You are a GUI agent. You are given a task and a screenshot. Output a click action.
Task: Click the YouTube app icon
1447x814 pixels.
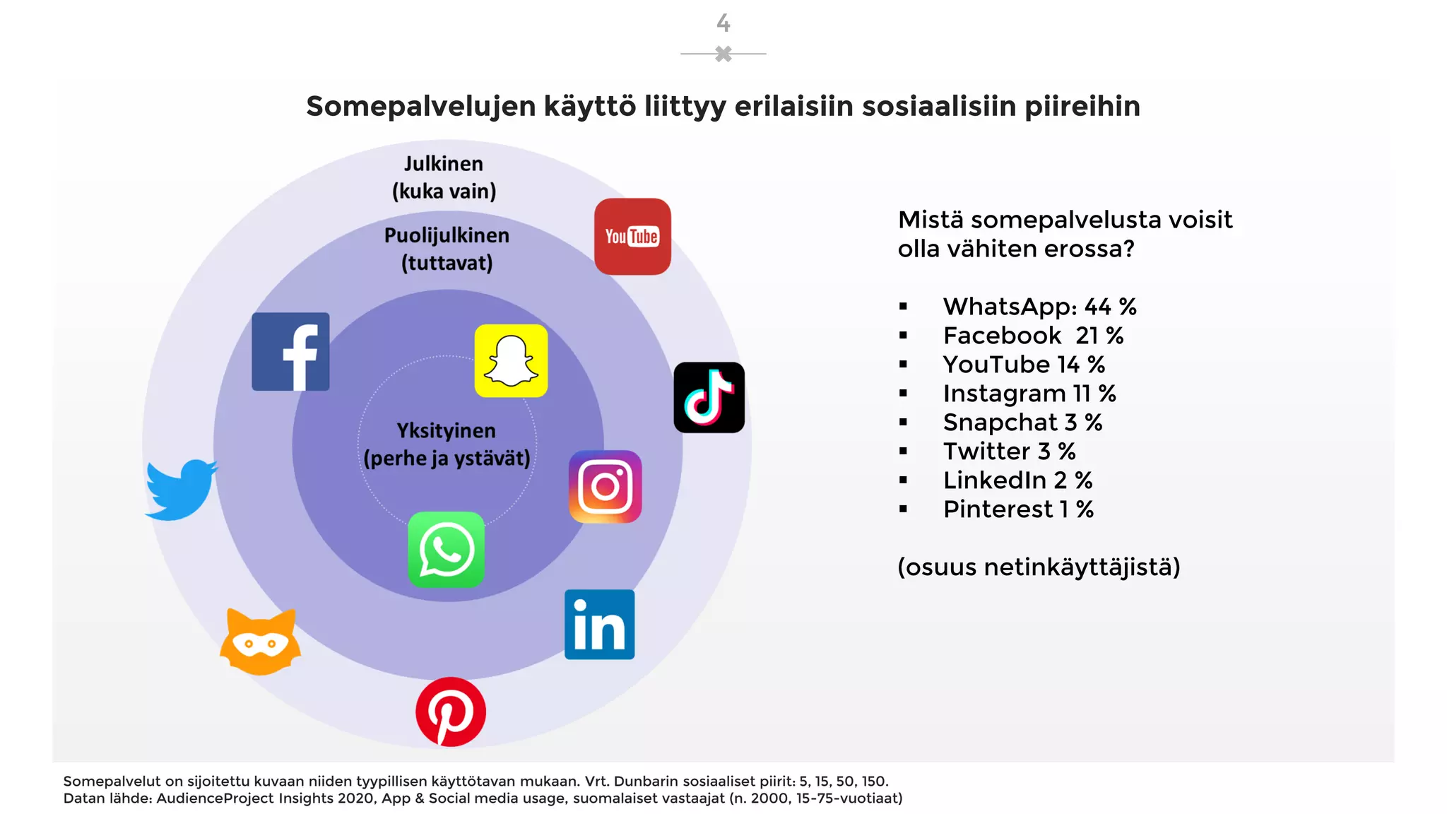coord(632,237)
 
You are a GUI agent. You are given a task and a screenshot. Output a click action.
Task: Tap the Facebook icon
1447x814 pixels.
coord(290,351)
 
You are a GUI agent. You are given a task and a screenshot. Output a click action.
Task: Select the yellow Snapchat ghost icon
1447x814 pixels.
coord(511,361)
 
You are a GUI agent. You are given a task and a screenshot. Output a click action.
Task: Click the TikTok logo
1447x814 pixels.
coord(709,398)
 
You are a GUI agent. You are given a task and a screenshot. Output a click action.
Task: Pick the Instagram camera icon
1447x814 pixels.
coord(606,487)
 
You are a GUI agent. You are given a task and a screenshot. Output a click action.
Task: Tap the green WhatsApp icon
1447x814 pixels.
coord(447,550)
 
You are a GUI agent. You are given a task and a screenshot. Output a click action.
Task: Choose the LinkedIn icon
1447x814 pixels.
coord(599,625)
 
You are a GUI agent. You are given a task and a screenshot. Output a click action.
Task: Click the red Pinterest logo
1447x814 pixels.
coord(451,712)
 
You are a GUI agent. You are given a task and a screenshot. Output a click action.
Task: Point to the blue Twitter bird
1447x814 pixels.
coord(181,489)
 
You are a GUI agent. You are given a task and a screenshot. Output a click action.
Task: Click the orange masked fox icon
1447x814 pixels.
coord(260,642)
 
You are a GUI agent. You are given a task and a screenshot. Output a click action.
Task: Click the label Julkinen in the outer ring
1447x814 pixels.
coord(444,164)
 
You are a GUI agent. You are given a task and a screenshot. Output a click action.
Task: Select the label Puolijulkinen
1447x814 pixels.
coord(447,235)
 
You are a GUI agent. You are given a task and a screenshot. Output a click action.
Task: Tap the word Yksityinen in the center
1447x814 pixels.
coord(446,431)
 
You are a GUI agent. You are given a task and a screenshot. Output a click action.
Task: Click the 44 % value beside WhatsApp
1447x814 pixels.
coord(1110,307)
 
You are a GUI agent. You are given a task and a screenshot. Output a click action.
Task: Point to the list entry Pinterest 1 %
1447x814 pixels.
coord(1018,509)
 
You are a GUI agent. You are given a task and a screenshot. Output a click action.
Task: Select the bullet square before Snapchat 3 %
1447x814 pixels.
coord(903,423)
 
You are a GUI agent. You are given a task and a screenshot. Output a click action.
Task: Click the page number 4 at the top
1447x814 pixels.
coord(723,23)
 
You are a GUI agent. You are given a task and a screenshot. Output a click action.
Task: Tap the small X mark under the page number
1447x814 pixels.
coord(723,54)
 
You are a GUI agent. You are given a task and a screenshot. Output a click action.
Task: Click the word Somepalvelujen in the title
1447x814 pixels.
coord(420,107)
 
